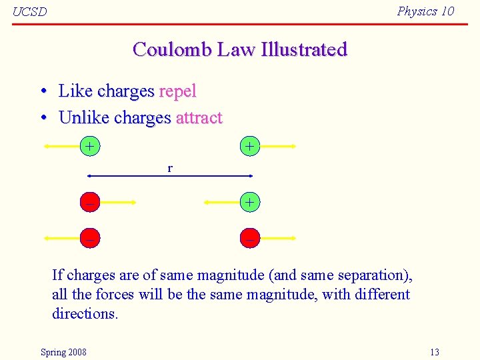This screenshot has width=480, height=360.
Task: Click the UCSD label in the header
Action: pyautogui.click(x=30, y=12)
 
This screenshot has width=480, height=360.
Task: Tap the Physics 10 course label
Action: pyautogui.click(x=425, y=11)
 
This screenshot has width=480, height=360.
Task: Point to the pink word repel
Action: pyautogui.click(x=177, y=91)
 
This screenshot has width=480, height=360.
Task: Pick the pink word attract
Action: pyautogui.click(x=199, y=118)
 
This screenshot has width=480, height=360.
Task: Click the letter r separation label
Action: pyautogui.click(x=170, y=168)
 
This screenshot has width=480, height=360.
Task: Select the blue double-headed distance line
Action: pyautogui.click(x=170, y=176)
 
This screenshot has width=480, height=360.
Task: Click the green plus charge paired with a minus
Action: pyautogui.click(x=249, y=201)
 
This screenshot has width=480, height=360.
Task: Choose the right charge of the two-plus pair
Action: pyautogui.click(x=249, y=145)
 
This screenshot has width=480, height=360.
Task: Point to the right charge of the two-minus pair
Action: pyautogui.click(x=249, y=237)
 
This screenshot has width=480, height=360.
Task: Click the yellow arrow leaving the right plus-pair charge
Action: pyautogui.click(x=277, y=145)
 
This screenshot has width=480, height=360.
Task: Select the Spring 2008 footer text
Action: pyautogui.click(x=63, y=352)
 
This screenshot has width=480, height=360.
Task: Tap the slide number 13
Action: pyautogui.click(x=435, y=352)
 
